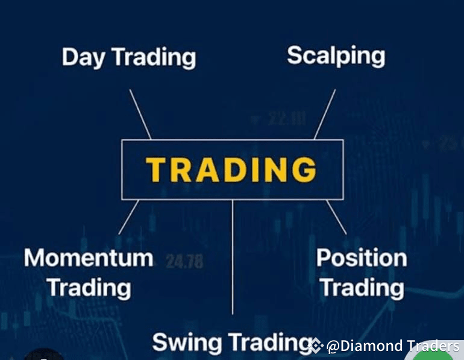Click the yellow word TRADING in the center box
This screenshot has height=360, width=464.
[231, 169]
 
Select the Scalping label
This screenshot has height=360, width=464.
[336, 56]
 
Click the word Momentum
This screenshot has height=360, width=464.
[88, 258]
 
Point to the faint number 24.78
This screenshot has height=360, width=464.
[184, 262]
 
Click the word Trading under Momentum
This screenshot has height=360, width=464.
[89, 288]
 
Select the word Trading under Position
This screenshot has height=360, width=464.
[362, 288]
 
